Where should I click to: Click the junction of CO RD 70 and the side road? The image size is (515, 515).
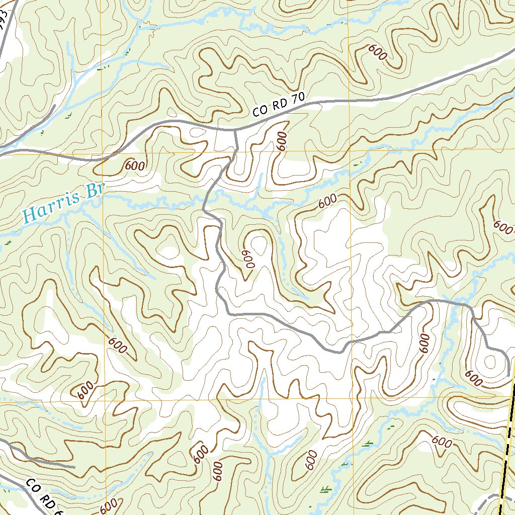(x=235, y=130)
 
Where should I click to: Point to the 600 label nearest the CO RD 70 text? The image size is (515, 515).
(x=282, y=141)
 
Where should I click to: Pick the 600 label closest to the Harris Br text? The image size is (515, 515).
(x=135, y=165)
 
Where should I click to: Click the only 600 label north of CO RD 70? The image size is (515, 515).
(x=377, y=52)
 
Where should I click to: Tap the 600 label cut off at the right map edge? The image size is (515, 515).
(x=503, y=225)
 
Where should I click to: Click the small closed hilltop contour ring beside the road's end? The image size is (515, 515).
(x=490, y=361)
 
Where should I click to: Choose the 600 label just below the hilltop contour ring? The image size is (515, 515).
(x=474, y=378)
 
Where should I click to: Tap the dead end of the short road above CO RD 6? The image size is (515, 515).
(x=74, y=467)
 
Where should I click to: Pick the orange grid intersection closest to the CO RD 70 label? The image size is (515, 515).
(x=350, y=151)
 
